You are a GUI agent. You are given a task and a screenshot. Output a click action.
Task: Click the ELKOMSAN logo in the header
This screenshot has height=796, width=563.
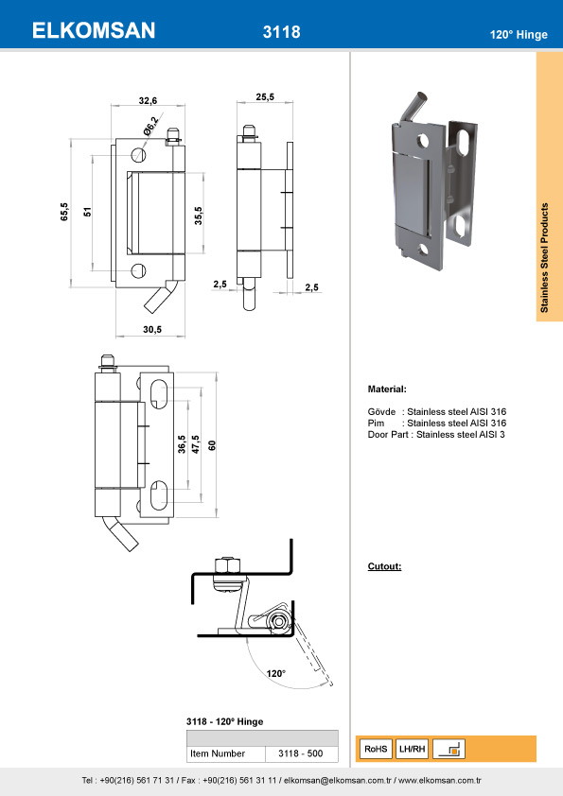94,31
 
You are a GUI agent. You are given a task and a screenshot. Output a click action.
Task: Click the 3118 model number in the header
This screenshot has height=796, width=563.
281,32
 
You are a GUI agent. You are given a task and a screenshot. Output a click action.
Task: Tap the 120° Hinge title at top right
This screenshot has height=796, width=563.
519,34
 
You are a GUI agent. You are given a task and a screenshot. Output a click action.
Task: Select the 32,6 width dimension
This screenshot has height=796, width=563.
148,99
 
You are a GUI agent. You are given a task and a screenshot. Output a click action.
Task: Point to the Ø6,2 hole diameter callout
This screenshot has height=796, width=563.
151,124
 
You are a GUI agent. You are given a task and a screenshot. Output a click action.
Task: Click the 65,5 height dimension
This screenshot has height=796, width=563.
63,212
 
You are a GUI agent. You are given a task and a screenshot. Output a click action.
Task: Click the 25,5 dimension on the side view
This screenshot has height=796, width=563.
265,96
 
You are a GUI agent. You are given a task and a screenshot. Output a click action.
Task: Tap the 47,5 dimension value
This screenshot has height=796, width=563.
196,445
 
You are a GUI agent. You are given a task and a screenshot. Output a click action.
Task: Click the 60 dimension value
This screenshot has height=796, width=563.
212,445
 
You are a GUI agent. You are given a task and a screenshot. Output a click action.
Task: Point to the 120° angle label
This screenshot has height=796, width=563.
275,673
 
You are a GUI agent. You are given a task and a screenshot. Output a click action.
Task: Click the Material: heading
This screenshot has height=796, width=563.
387,389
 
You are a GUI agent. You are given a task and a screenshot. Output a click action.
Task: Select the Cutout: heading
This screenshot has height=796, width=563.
384,566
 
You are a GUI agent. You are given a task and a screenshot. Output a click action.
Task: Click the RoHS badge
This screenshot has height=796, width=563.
376,749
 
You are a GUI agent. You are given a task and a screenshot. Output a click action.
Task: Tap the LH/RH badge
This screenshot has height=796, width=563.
413,749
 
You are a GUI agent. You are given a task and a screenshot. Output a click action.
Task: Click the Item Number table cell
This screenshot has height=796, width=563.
218,753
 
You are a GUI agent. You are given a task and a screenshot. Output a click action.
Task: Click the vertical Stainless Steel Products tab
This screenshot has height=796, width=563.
549,257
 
